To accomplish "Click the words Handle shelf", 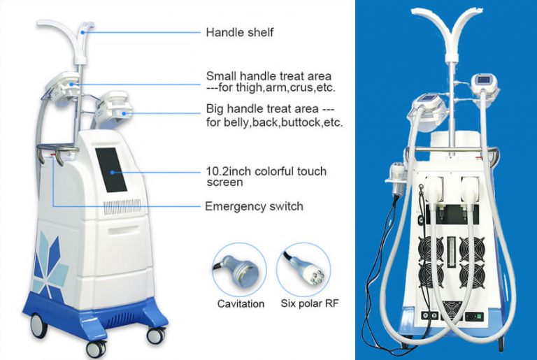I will (x=240, y=32).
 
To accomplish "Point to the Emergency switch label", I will (x=254, y=206).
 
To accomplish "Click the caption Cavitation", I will (x=241, y=303).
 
